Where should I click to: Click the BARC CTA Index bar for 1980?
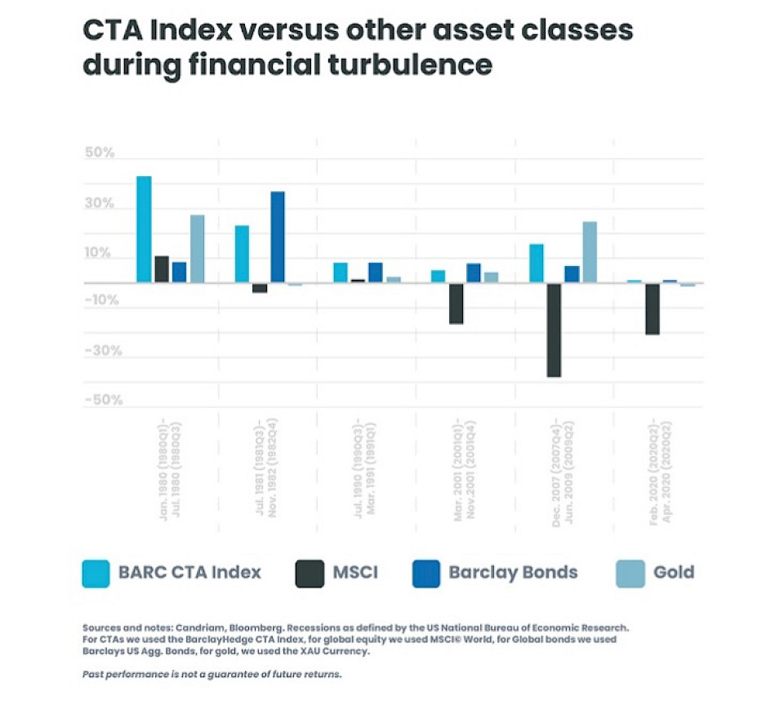point(144,229)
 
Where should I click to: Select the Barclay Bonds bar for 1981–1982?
point(278,237)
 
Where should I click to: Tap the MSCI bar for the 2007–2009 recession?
point(555,330)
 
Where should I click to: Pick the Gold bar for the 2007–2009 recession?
point(590,252)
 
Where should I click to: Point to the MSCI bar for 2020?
point(653,308)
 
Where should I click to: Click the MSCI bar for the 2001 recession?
point(457,304)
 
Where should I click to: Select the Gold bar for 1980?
point(197,249)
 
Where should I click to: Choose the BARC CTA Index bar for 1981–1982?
point(242,254)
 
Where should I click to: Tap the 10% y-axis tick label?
point(98,253)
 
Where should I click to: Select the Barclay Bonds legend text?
point(513,572)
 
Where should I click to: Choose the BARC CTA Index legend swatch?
point(96,573)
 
